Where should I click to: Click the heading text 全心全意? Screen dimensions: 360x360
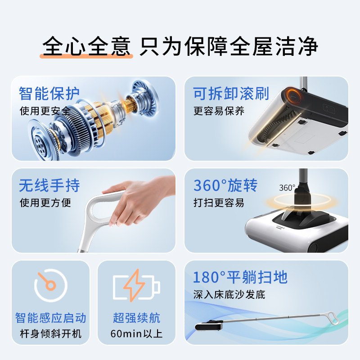86,46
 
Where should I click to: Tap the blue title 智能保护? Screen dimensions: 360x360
49,94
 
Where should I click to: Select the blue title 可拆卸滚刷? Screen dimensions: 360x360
231,94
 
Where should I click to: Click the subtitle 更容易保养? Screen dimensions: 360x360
219,111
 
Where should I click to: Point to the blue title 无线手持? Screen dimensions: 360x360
49,185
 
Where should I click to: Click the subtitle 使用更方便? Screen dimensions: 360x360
45,203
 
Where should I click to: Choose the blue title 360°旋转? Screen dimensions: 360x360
225,185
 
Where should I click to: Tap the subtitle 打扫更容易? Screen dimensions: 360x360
219,203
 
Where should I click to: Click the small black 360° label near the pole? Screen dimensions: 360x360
287,188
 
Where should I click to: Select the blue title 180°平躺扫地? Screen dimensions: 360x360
240,277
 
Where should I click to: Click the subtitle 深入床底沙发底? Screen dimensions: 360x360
229,295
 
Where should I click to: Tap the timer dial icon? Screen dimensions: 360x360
51,285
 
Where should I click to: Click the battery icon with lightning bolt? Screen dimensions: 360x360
136,285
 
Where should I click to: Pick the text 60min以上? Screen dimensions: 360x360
136,333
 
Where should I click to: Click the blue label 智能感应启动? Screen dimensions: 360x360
50,318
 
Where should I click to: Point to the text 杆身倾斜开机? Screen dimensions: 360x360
50,333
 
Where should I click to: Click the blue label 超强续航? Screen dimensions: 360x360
136,318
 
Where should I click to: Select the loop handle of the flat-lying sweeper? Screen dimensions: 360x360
333,318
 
